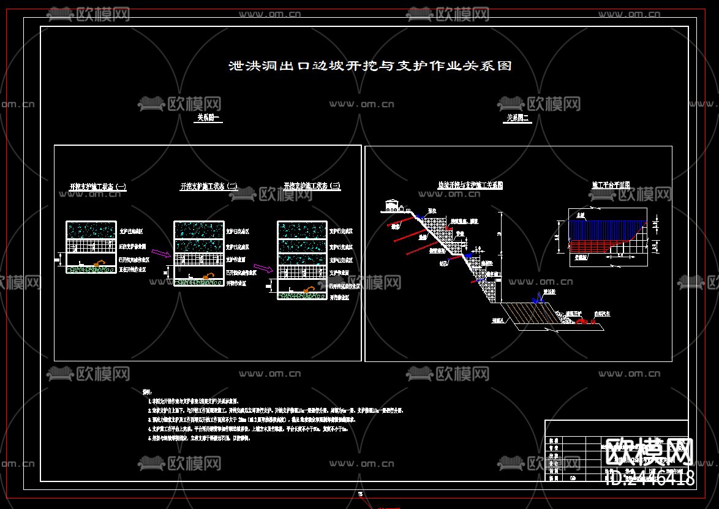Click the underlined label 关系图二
518,118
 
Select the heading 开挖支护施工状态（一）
98,187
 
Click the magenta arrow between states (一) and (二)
162,252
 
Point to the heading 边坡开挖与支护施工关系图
470,184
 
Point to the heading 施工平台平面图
611,184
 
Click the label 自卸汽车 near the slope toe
603,313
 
